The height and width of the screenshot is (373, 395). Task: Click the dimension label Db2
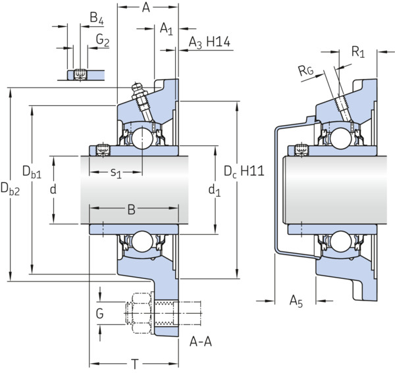(10, 189)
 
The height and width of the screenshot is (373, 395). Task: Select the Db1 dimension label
(32, 172)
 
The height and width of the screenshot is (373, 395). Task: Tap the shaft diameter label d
(53, 189)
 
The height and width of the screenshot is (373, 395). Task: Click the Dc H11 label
(244, 172)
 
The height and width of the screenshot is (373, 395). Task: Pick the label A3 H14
(209, 42)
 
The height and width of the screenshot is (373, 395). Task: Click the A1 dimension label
(167, 28)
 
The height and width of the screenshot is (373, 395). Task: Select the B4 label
(97, 18)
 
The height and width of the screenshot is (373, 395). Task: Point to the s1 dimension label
(116, 173)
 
